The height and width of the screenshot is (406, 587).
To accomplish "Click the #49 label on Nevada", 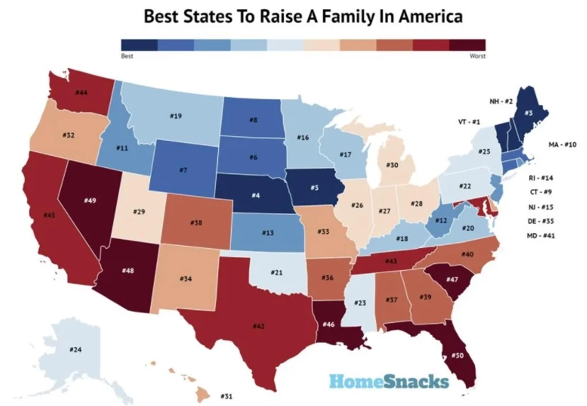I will tap(90, 201).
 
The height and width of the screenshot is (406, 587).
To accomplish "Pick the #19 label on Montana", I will tap(176, 115).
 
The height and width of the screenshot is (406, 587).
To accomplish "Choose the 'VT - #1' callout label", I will tap(469, 122).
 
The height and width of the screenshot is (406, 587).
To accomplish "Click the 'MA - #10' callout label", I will tap(562, 145).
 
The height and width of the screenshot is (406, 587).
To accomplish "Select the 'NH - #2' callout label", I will tap(501, 101).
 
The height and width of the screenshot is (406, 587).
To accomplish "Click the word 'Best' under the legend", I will tap(127, 55).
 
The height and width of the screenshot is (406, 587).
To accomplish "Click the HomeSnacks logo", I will tap(389, 381).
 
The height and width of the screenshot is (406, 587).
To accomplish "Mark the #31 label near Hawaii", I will tap(227, 395).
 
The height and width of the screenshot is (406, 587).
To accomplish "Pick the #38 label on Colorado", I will tap(196, 222).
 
